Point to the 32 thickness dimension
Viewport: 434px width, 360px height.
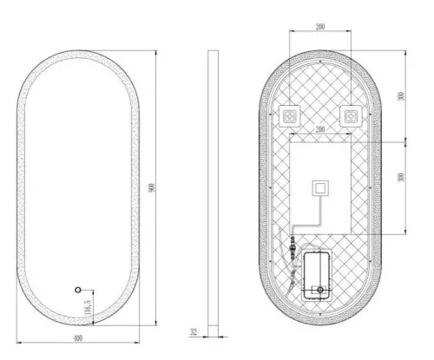click(x=194, y=331)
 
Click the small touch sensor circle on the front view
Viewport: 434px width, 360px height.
click(x=77, y=288)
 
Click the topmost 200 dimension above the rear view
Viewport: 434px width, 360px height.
click(x=320, y=29)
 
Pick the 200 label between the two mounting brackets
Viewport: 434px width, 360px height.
click(x=320, y=130)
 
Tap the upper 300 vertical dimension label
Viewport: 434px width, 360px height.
click(x=400, y=95)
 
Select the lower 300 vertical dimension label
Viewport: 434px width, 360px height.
click(x=400, y=177)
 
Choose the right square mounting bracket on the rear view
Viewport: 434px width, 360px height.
click(x=351, y=115)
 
